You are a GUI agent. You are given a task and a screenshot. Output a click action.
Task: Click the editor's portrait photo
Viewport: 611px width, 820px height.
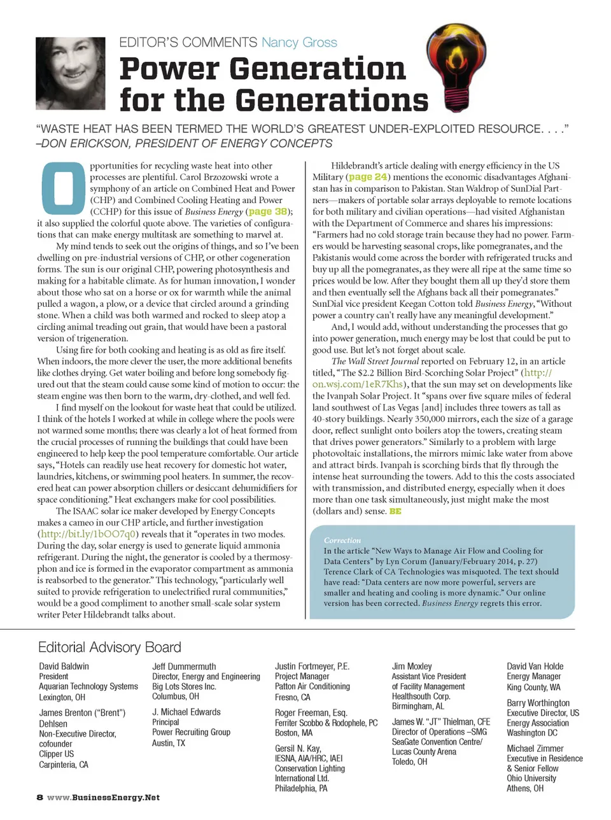click(x=71, y=73)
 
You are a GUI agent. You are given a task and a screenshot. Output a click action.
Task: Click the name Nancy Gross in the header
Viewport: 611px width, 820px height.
click(x=299, y=43)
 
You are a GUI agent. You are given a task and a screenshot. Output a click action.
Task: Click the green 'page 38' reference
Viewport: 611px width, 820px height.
click(x=267, y=211)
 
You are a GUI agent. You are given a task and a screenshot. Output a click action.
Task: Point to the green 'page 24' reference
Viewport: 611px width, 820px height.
click(x=368, y=177)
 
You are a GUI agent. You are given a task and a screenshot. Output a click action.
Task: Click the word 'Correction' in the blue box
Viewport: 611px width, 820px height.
click(x=342, y=540)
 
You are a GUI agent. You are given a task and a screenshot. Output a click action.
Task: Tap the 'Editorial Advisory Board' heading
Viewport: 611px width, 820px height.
click(x=109, y=647)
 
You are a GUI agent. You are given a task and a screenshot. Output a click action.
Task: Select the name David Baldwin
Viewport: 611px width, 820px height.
click(x=64, y=667)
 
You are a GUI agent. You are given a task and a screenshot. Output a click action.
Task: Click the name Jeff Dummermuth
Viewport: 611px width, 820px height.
click(x=184, y=667)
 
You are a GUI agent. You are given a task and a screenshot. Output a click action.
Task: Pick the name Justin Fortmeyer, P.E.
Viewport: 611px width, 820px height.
click(x=312, y=667)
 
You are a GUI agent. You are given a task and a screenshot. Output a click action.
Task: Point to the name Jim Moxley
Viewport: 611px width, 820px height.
click(x=412, y=667)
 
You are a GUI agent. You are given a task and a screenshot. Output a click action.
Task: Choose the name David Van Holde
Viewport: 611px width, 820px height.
click(x=535, y=667)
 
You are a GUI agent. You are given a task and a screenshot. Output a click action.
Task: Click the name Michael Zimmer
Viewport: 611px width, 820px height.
click(x=535, y=749)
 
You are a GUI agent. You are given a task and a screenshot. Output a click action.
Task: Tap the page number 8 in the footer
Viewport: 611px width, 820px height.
click(x=39, y=798)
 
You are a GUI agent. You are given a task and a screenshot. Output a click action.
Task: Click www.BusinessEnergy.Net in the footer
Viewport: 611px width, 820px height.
click(x=104, y=798)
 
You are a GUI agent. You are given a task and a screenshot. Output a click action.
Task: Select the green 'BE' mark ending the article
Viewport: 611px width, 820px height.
click(x=395, y=511)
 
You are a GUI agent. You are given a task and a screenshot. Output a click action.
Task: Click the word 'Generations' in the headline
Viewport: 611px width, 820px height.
click(x=333, y=100)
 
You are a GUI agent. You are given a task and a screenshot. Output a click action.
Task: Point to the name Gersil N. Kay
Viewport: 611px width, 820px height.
click(x=298, y=749)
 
